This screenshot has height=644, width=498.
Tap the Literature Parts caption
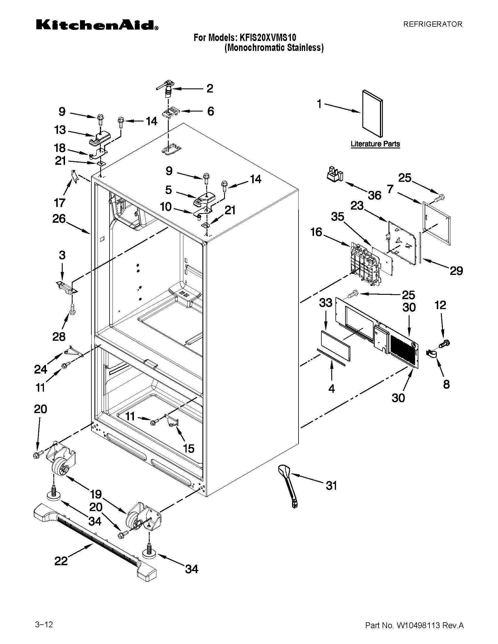click(375, 144)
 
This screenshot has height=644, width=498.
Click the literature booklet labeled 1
click(372, 114)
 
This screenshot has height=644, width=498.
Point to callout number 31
click(331, 485)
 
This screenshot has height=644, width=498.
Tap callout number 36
click(374, 195)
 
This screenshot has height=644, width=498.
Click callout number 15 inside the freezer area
click(189, 448)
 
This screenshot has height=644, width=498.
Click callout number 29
click(456, 270)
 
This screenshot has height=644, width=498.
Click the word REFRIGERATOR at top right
click(432, 24)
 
